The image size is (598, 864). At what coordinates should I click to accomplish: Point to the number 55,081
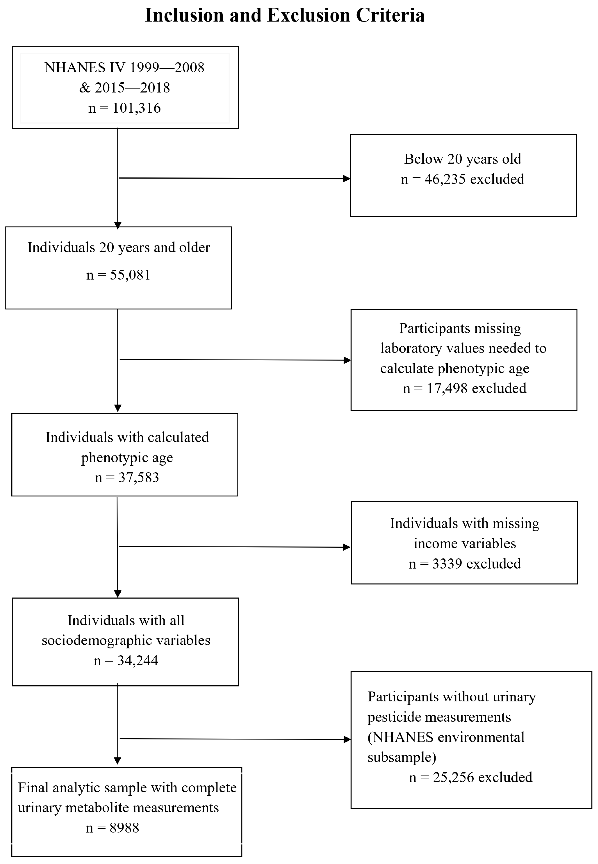point(130,275)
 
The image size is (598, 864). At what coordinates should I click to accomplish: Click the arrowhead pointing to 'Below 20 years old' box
point(347,179)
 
